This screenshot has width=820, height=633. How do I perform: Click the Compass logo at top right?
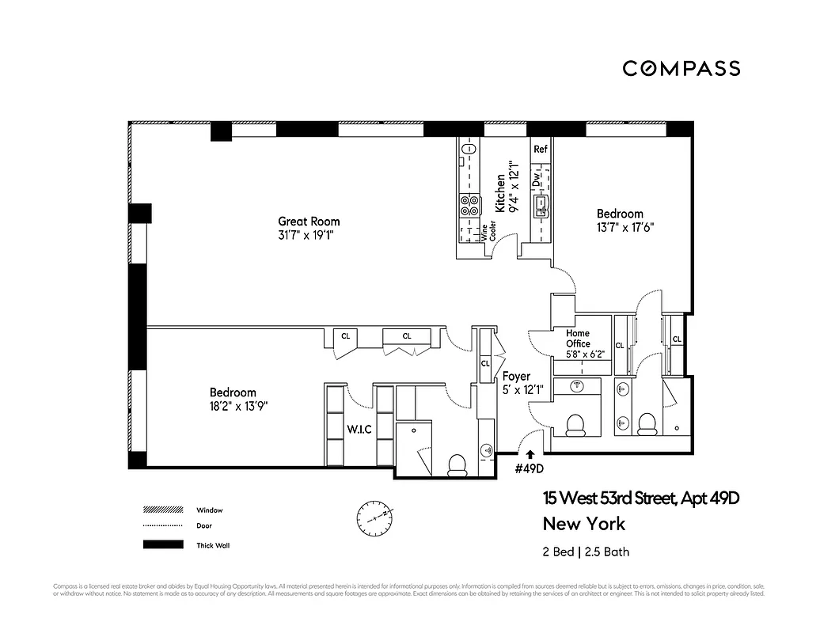(681, 69)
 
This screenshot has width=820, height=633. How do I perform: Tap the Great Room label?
(309, 222)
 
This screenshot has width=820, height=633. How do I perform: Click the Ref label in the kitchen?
(541, 149)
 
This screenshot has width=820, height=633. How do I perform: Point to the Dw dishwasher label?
(537, 180)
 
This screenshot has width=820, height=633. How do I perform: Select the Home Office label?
(578, 339)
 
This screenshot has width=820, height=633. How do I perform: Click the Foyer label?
(516, 377)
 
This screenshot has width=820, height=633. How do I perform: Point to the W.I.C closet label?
(359, 430)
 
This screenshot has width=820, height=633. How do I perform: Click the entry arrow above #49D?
(530, 453)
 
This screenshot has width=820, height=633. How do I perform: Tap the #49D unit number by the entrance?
(530, 468)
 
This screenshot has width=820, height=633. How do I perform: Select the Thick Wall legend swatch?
(162, 544)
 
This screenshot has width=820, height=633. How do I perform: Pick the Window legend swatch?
(162, 510)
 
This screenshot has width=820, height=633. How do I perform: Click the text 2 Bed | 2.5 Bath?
(586, 552)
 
